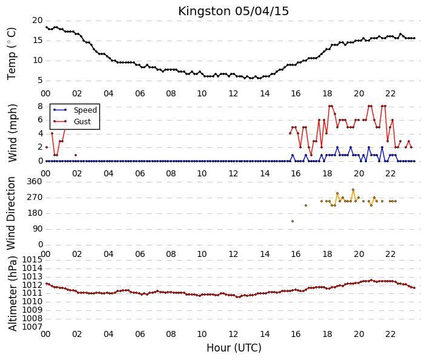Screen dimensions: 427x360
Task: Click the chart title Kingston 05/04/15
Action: pyautogui.click(x=233, y=12)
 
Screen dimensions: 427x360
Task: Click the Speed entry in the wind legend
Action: pyautogui.click(x=85, y=110)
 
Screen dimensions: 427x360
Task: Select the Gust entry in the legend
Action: pyautogui.click(x=82, y=122)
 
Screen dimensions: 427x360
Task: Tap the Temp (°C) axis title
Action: pyautogui.click(x=12, y=54)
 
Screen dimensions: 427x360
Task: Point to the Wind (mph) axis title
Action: pyautogui.click(x=12, y=133)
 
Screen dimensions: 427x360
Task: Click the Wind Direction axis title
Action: pyautogui.click(x=11, y=213)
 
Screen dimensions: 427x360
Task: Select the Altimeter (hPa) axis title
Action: pyautogui.click(x=12, y=293)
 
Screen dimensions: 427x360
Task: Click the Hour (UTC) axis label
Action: pyautogui.click(x=234, y=348)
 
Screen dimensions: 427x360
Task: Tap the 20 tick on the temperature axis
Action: pyautogui.click(x=38, y=21)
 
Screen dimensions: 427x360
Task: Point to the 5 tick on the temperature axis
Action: pyautogui.click(x=41, y=81)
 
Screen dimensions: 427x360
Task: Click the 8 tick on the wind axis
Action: pyautogui.click(x=41, y=106)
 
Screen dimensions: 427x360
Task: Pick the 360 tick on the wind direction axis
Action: pyautogui.click(x=35, y=182)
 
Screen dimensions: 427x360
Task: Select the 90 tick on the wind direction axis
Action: pyautogui.click(x=38, y=229)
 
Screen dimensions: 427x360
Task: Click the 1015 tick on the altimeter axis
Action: pyautogui.click(x=32, y=260)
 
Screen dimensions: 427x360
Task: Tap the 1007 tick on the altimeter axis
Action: pyautogui.click(x=32, y=327)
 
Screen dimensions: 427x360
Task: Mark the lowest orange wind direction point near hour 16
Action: pyautogui.click(x=293, y=221)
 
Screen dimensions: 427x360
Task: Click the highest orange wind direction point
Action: pyautogui.click(x=353, y=190)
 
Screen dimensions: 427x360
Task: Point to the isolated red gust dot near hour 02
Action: pyautogui.click(x=76, y=155)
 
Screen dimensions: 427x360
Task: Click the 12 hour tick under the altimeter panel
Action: pyautogui.click(x=233, y=334)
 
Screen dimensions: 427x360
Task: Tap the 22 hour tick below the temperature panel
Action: pyautogui.click(x=390, y=94)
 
